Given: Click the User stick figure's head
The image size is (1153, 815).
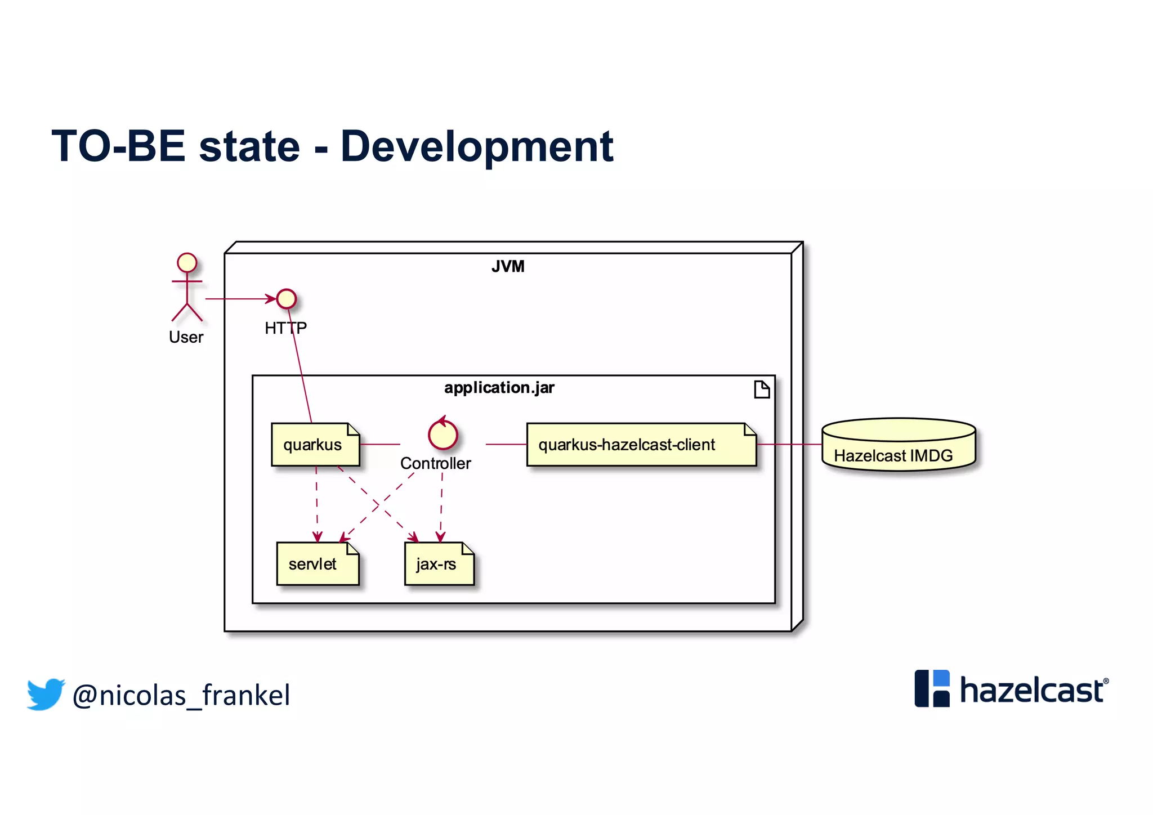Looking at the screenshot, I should pos(187,262).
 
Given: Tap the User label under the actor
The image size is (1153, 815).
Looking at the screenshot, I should pos(186,337).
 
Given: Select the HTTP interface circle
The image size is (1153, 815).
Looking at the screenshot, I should pos(287,299).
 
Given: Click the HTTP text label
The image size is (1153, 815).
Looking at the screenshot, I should pos(285,328).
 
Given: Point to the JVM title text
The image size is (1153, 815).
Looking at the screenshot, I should pos(508,266).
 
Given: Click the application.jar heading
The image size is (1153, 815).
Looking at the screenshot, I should pos(499,388).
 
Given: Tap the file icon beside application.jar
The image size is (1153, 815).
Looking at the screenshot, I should pos(761,389).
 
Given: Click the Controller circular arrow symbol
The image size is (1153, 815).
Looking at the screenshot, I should pos(443,435).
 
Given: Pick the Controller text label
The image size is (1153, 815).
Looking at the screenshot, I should pos(435,463).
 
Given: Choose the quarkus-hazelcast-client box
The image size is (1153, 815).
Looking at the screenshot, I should pos(641,445).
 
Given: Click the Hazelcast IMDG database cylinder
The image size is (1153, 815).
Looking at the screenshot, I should pos(898,445).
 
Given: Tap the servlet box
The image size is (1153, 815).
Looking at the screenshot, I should pos(318,564).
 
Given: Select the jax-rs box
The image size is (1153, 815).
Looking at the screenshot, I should pos(439,564).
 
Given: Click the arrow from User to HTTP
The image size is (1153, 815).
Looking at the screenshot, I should pos(239,299).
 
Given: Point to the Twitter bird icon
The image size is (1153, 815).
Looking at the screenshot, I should pos(46,694).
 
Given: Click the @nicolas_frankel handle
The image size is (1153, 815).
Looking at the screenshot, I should pos(181,695).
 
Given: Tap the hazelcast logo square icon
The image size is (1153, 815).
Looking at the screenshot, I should pos(932,688).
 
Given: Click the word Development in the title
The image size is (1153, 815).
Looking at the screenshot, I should pos(476,146).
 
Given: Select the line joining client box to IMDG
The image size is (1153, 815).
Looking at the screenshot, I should pos(789,445).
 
